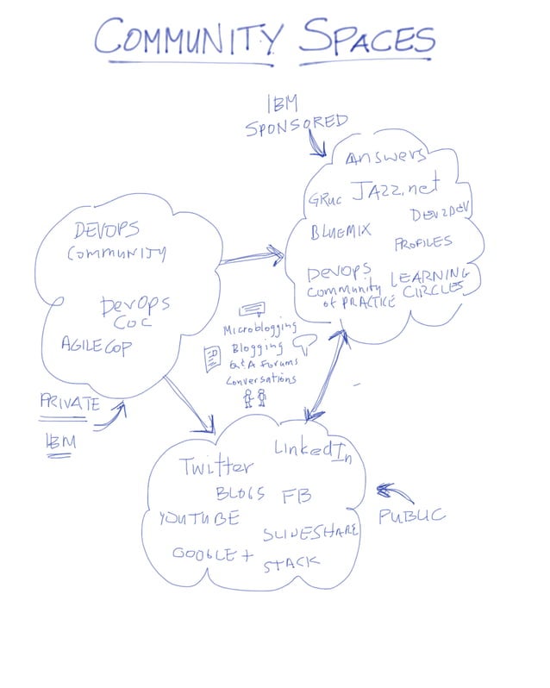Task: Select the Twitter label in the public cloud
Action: click(216, 467)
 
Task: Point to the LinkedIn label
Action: click(314, 449)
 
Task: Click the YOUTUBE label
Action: click(198, 518)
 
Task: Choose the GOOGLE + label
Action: click(212, 554)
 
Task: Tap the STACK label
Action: click(291, 564)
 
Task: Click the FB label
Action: click(296, 496)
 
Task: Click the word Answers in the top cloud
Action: click(385, 157)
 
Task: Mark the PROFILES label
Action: click(422, 243)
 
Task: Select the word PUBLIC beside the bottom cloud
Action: click(412, 516)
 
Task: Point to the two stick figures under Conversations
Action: click(255, 398)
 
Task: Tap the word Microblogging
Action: click(259, 328)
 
